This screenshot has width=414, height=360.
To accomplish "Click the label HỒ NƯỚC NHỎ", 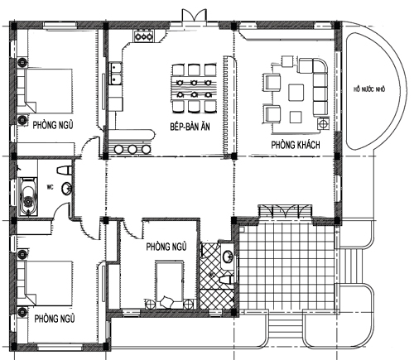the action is (369, 89).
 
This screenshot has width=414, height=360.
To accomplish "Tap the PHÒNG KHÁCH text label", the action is (296, 145).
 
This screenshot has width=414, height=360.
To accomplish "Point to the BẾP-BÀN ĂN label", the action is (190, 127).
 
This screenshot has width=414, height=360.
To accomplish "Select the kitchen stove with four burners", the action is (143, 36).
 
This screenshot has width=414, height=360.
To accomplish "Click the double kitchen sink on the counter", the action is (116, 73).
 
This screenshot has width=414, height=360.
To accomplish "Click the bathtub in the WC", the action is (28, 196).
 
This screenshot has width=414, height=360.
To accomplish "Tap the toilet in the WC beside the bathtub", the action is (65, 170).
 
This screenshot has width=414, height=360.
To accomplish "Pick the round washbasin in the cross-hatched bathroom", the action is (229, 257).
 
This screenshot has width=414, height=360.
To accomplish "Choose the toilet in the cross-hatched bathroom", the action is (227, 279).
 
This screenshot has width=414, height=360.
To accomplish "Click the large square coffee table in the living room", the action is (296, 93).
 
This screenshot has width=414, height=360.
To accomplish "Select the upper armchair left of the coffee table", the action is (272, 82).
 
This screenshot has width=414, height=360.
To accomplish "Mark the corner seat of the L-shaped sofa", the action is (320, 65).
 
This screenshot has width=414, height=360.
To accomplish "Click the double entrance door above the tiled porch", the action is (285, 211).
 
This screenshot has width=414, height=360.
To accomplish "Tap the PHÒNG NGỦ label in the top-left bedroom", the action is (53, 125).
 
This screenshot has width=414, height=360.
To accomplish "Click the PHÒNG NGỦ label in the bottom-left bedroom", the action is (55, 319).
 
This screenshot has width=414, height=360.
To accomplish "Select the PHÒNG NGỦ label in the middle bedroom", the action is (166, 247).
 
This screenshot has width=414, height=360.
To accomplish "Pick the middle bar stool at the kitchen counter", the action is (132, 149).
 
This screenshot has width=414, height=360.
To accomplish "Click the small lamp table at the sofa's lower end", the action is (323, 123).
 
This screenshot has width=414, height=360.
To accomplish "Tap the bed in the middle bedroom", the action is (169, 285).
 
